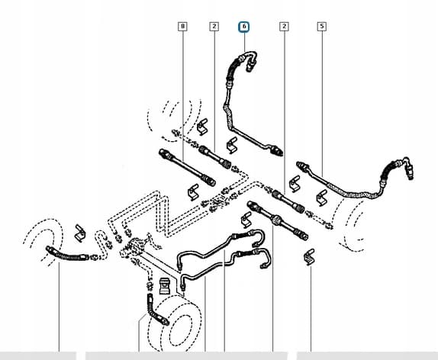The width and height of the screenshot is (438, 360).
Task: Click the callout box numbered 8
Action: pos(182,27)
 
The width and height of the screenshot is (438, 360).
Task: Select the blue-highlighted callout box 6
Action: pos(244,27)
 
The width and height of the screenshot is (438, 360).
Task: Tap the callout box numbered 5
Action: pos(322,27)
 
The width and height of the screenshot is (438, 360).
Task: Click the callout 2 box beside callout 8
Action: pos(214,27)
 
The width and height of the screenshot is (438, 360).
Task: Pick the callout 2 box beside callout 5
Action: pos(284,27)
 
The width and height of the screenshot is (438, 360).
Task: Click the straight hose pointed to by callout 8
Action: pos(187,167)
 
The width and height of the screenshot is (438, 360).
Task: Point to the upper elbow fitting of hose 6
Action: pos(250,60)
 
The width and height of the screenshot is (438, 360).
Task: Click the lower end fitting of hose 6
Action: pos(275,150)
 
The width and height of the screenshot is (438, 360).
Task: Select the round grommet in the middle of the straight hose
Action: pos(275,220)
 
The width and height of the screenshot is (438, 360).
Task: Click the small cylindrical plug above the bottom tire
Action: pos(165,286)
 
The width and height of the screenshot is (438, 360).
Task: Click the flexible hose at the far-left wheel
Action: pos(69,253)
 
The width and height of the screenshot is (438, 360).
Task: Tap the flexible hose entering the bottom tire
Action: pos(157,310)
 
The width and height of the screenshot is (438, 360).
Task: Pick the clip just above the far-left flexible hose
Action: pos(80,233)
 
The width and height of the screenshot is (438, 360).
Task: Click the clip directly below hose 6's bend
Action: pos(232,145)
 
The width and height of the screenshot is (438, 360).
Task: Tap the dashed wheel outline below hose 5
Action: pos(350,224)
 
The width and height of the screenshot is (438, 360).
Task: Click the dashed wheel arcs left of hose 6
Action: pos(174,119)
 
